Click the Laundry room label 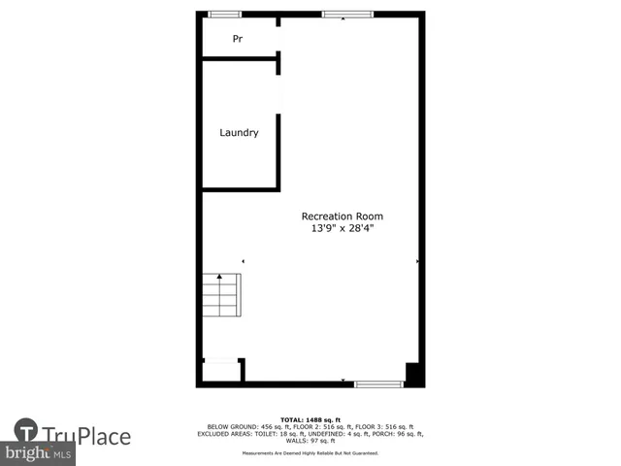(x=239, y=133)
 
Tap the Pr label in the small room (x=237, y=40)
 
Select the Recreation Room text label (x=342, y=216)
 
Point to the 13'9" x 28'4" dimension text (x=342, y=229)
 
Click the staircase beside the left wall (x=220, y=295)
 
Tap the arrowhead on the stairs (x=220, y=278)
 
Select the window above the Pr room (x=225, y=14)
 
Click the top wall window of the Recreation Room (x=346, y=14)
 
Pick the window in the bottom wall (x=378, y=384)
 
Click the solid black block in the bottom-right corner (x=413, y=374)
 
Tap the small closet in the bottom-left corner (x=221, y=371)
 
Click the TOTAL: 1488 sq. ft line (x=310, y=418)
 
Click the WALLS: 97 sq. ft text (x=310, y=440)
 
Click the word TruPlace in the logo (x=86, y=437)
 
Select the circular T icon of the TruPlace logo (x=26, y=431)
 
